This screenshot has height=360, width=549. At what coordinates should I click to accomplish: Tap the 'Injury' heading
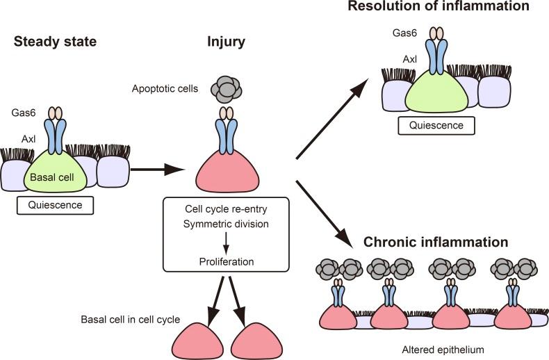tap(227, 42)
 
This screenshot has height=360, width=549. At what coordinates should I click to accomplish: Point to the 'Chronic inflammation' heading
tap(436, 243)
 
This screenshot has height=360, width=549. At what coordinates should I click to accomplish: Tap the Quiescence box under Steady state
tap(55, 206)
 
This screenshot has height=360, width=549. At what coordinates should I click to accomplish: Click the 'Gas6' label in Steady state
tap(20, 111)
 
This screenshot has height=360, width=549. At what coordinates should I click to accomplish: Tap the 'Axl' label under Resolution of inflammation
tap(410, 60)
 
